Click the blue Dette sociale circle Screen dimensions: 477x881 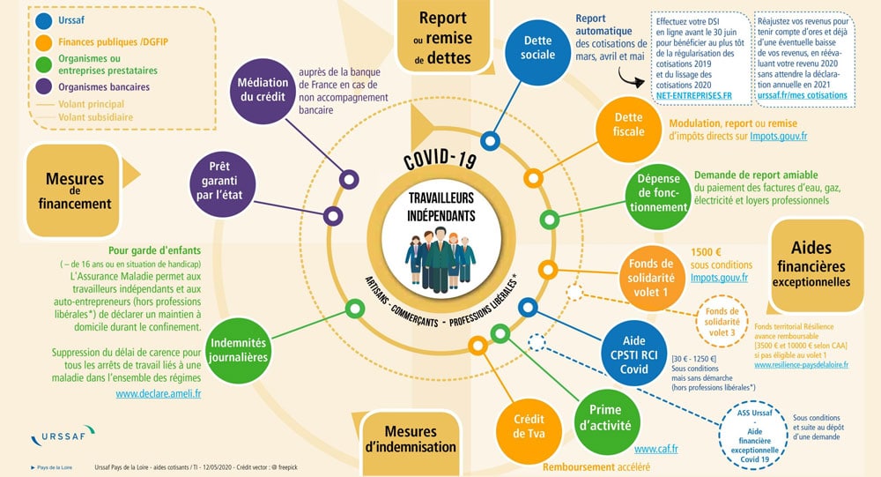538,48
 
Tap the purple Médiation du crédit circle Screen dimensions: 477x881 263,92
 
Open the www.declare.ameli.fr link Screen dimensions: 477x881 159,394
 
